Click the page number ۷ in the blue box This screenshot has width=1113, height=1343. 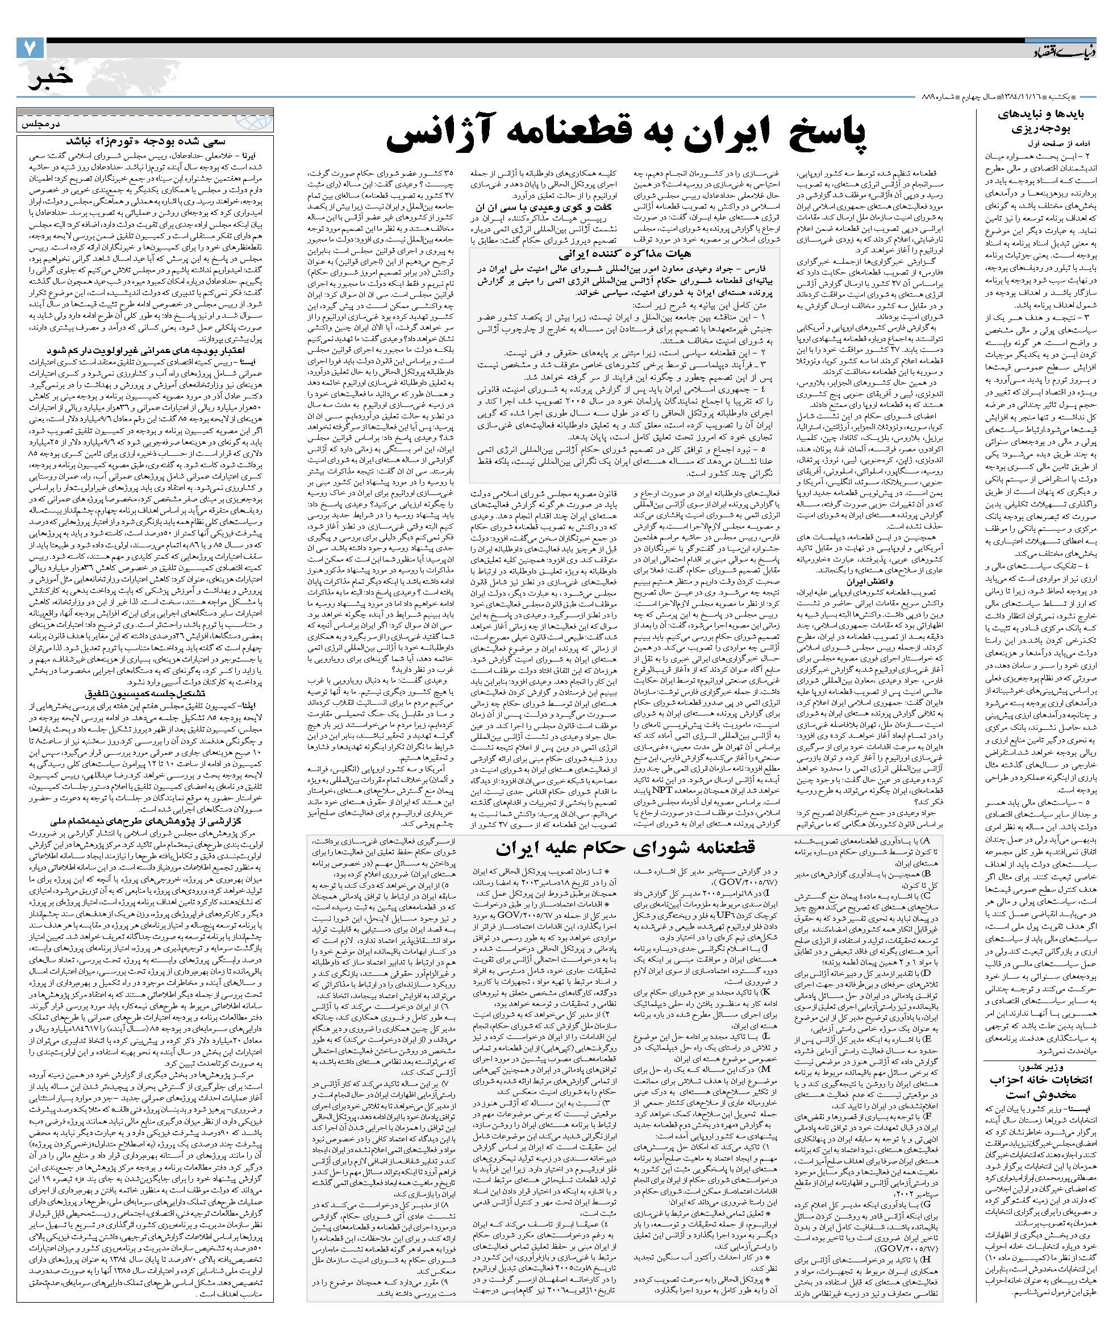30,49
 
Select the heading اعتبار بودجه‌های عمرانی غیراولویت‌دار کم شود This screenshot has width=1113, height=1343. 147,350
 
